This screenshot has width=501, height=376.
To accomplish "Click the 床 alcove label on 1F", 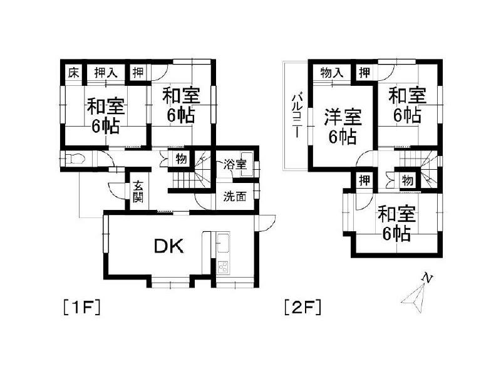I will click(73, 72).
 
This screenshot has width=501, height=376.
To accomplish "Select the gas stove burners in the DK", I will click(224, 268).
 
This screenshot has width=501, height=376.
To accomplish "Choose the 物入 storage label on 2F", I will click(332, 72).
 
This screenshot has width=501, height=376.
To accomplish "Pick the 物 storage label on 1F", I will click(180, 159).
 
